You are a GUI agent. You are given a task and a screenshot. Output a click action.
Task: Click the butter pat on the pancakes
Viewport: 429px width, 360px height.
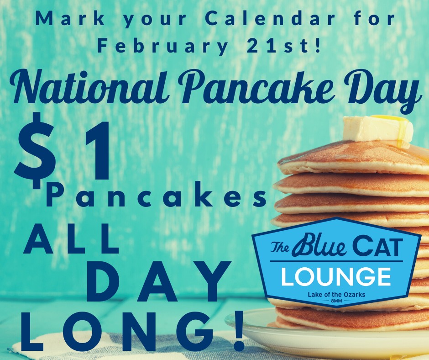[x=378, y=129]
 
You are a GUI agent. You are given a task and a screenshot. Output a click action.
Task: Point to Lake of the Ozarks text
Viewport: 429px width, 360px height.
[x=336, y=295]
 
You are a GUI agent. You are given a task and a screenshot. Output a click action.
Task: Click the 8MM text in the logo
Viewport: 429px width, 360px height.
[x=336, y=301]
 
